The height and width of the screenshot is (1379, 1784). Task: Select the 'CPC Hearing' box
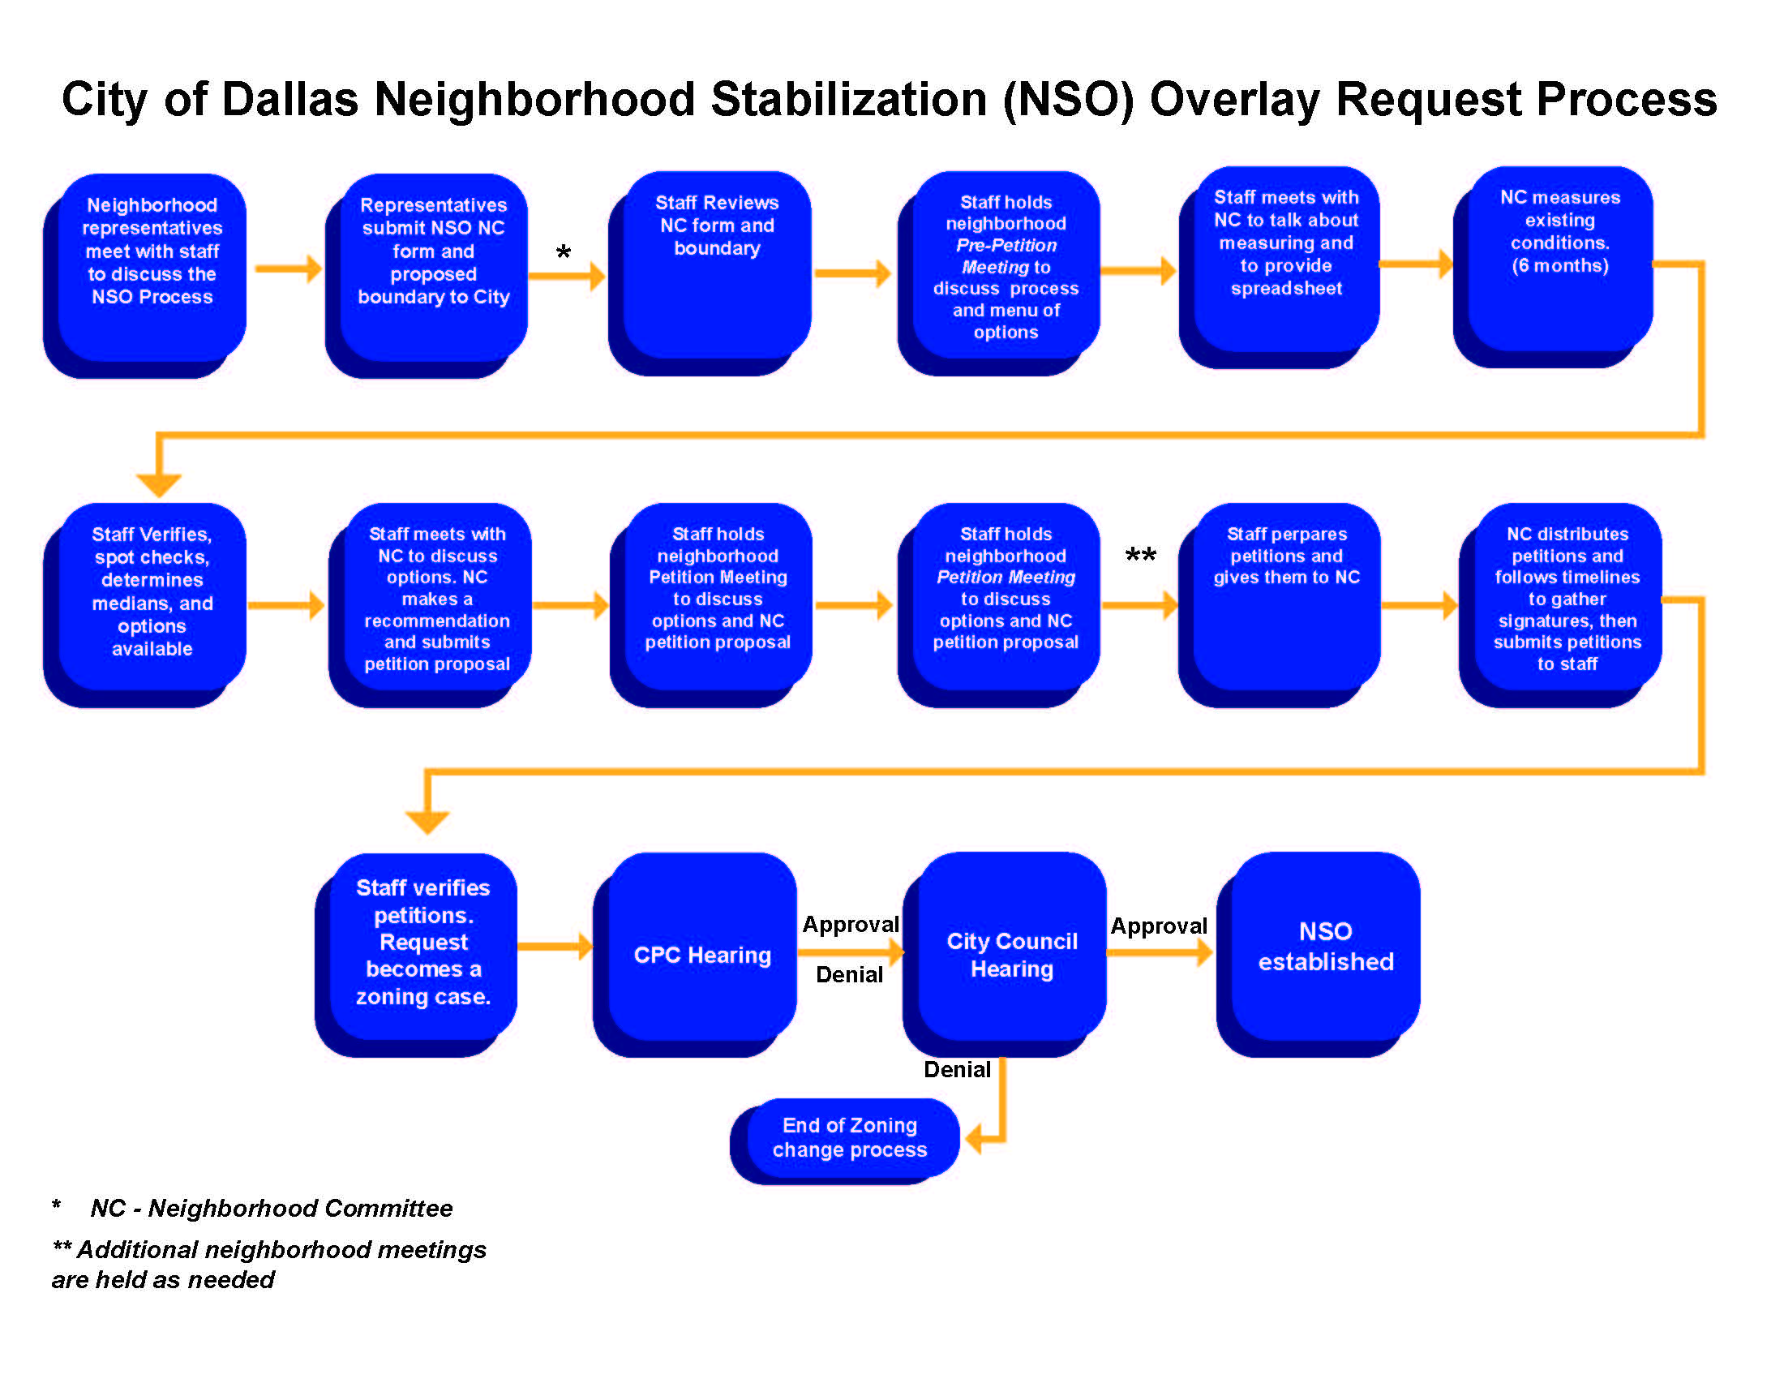pyautogui.click(x=701, y=954)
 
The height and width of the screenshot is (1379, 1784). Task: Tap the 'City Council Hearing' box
pyautogui.click(x=1011, y=954)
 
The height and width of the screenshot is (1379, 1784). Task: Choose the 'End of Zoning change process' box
pyautogui.click(x=850, y=1137)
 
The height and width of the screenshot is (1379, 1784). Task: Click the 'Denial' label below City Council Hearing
pyautogui.click(x=957, y=1069)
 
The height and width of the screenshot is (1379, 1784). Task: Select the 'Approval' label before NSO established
pyautogui.click(x=1158, y=926)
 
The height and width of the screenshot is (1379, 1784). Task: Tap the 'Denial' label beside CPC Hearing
pyautogui.click(x=850, y=973)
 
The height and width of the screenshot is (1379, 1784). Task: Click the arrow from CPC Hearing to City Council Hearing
pyautogui.click(x=850, y=951)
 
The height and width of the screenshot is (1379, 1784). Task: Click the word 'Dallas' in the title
pyautogui.click(x=290, y=100)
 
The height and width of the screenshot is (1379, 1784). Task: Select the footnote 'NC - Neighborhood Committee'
pyautogui.click(x=271, y=1209)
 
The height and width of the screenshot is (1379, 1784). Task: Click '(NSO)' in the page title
pyautogui.click(x=1070, y=100)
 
